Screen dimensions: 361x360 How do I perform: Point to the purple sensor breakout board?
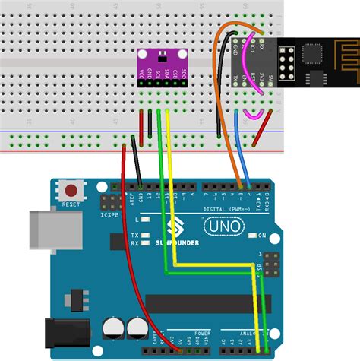[x=162, y=65]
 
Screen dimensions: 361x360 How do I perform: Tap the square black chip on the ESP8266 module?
[x=312, y=54]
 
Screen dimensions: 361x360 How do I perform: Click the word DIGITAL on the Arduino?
[x=216, y=207]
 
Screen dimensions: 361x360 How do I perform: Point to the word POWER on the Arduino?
[x=202, y=333]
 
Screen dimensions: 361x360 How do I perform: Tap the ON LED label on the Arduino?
[x=264, y=236]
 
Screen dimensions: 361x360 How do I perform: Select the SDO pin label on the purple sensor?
[x=183, y=74]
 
